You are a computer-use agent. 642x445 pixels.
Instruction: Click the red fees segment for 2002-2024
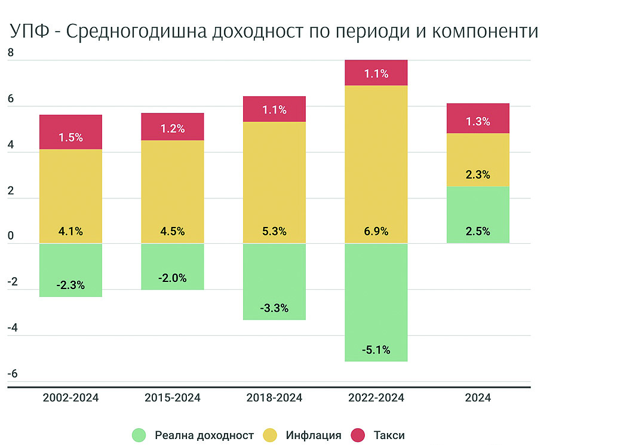coord(70,131)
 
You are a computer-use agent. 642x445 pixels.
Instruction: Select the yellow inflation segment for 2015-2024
coord(172,191)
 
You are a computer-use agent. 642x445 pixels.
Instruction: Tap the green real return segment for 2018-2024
coord(274,281)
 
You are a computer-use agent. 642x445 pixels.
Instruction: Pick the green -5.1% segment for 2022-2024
coord(376,302)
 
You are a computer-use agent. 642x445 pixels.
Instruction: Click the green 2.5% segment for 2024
coord(478,214)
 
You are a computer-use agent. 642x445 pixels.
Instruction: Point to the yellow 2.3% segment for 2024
coord(478,159)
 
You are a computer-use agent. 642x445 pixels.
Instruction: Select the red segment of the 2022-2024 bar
coord(376,73)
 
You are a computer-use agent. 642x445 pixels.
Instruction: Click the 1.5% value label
coord(70,137)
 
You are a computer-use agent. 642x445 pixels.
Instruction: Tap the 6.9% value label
coord(376,231)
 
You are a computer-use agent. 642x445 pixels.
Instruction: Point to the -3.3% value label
coord(274,309)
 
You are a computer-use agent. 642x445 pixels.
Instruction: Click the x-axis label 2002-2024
coord(70,398)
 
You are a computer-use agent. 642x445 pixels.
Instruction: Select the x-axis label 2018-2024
coord(274,398)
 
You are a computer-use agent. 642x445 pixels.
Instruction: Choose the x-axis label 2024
coord(478,398)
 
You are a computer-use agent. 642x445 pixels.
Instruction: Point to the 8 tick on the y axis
coord(10,53)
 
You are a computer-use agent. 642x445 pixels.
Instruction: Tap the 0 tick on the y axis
coord(10,237)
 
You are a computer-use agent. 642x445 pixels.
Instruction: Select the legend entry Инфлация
coord(314,435)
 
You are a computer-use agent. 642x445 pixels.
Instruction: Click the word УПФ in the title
coord(28,32)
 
